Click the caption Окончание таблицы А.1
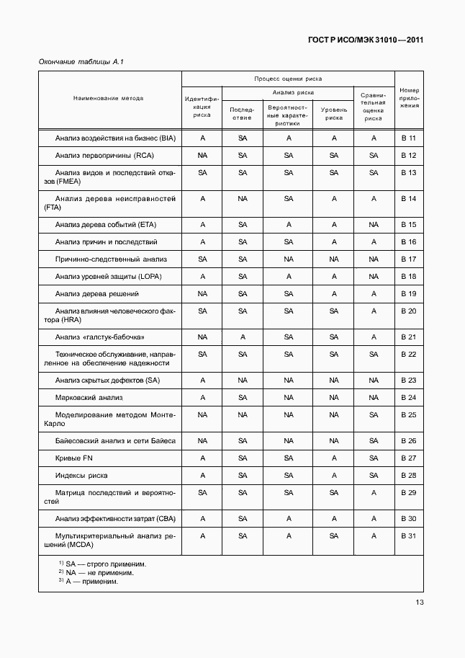[81, 63]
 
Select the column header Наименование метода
[108, 98]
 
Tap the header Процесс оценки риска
[288, 79]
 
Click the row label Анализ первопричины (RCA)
[104, 156]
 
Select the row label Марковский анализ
[89, 397]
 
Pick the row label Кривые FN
[75, 458]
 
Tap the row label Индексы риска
[81, 475]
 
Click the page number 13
[419, 603]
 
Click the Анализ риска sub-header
[288, 92]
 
